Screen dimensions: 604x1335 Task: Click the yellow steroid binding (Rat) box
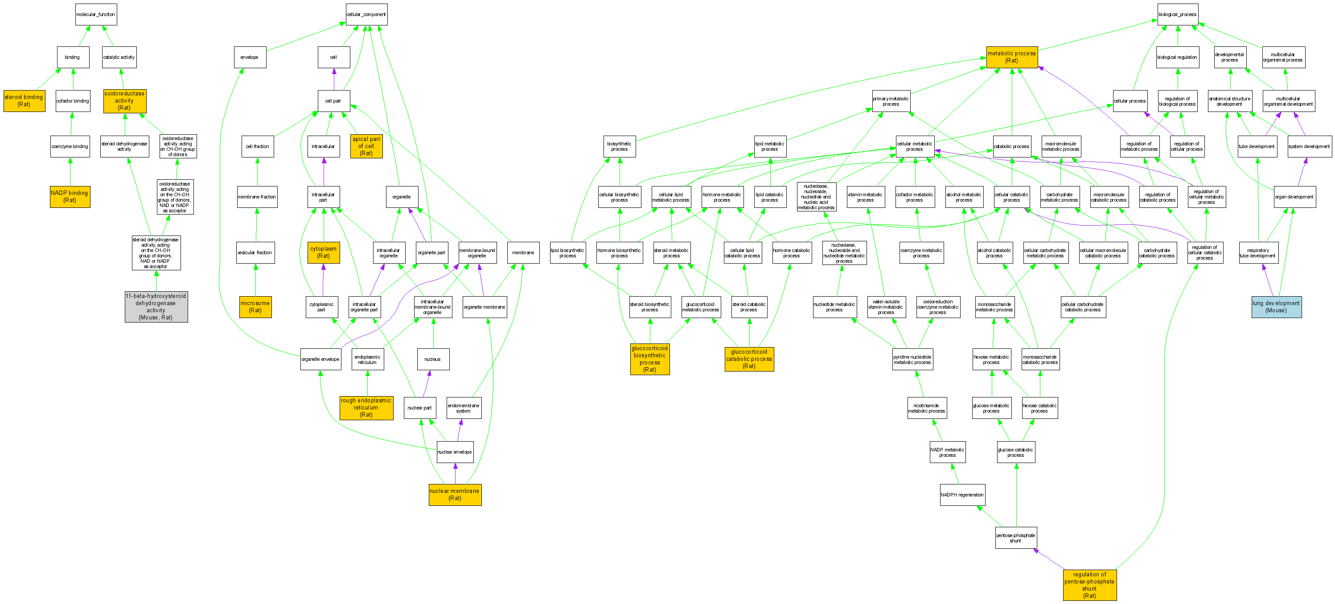click(x=24, y=100)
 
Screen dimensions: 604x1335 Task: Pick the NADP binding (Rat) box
click(x=70, y=196)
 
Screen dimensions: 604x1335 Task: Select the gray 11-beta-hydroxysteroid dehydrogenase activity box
click(x=156, y=306)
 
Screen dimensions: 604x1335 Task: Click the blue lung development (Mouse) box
click(x=1276, y=307)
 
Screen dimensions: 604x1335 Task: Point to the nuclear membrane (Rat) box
click(x=455, y=495)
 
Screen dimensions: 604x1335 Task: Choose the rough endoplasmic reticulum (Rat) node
click(x=366, y=408)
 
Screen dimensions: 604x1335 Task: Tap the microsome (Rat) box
click(x=255, y=307)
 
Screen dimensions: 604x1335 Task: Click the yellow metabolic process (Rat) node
click(x=1012, y=57)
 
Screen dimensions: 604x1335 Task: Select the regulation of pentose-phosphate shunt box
click(x=1089, y=585)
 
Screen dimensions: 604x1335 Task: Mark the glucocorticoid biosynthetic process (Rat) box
click(x=650, y=359)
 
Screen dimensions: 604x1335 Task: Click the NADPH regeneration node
click(x=962, y=495)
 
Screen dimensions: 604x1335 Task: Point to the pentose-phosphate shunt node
click(x=1015, y=538)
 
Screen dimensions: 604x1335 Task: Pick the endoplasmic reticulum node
click(x=367, y=359)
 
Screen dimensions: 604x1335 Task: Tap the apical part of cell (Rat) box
click(x=366, y=146)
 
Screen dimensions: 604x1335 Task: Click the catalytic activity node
click(x=119, y=58)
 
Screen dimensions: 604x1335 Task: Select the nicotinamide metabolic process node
click(x=926, y=408)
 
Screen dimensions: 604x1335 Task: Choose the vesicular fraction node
click(x=255, y=253)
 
